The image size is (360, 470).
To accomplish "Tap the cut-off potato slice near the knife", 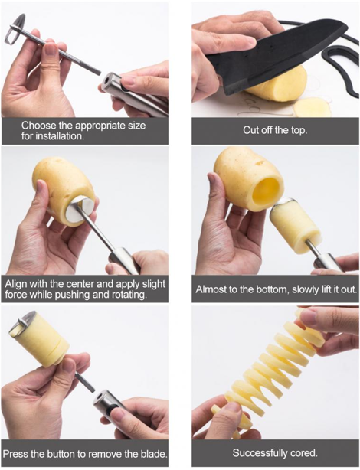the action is pos(313,106).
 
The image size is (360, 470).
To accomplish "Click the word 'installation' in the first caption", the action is pos(59,135).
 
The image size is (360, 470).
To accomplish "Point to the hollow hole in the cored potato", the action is pos(268,190).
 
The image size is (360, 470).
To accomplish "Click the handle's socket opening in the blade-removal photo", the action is pos(98,399).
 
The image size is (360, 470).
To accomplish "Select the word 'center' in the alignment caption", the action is pos(80,284).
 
